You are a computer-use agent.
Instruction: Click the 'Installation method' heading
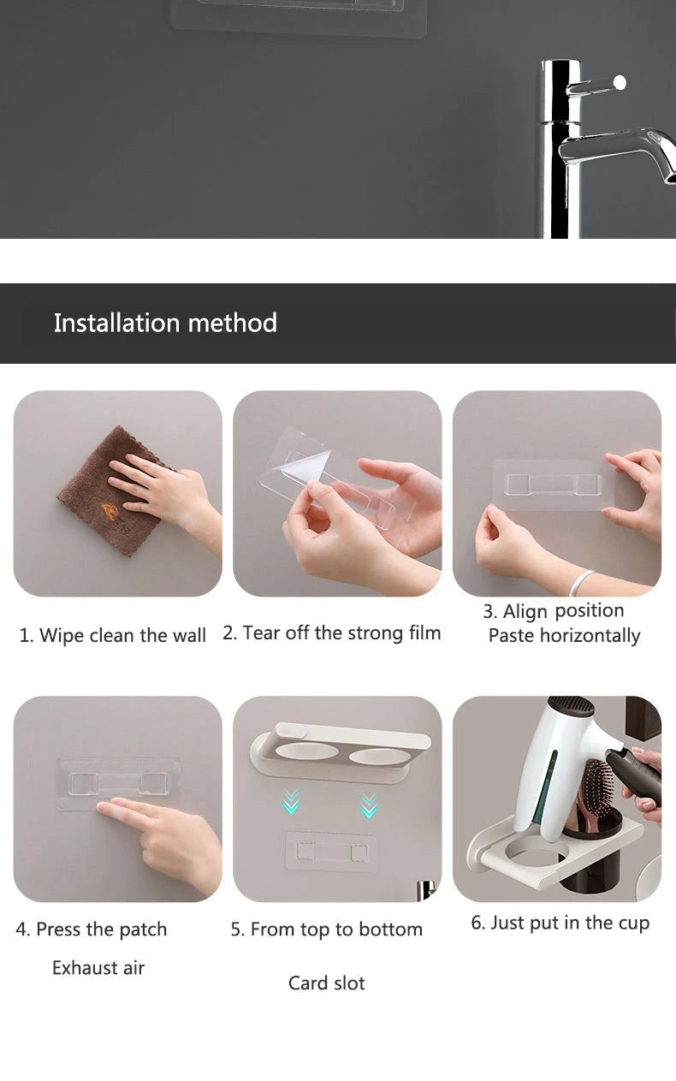(165, 323)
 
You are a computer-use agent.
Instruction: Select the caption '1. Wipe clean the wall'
(112, 635)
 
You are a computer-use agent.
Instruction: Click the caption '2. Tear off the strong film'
(332, 633)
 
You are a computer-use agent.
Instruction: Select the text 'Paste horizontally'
(564, 636)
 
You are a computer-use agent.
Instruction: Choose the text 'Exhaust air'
(98, 967)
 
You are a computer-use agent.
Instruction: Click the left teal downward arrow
(290, 802)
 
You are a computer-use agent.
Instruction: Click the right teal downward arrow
(370, 805)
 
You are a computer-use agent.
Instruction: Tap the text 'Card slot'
(327, 983)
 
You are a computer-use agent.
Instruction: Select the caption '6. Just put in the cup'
(560, 923)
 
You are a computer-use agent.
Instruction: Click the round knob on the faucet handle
(620, 82)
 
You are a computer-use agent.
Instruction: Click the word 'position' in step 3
(590, 611)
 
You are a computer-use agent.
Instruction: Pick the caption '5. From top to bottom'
(327, 930)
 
